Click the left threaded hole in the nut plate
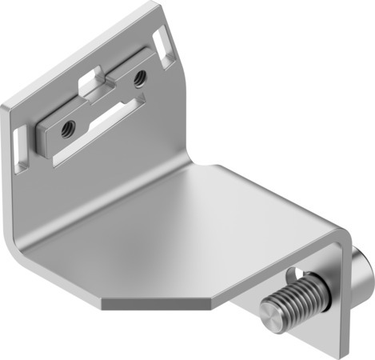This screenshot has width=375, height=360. point(67,124)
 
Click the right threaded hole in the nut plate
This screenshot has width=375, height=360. point(140,78)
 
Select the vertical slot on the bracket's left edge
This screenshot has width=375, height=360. point(19,143)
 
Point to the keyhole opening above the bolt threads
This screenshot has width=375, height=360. point(297,272)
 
